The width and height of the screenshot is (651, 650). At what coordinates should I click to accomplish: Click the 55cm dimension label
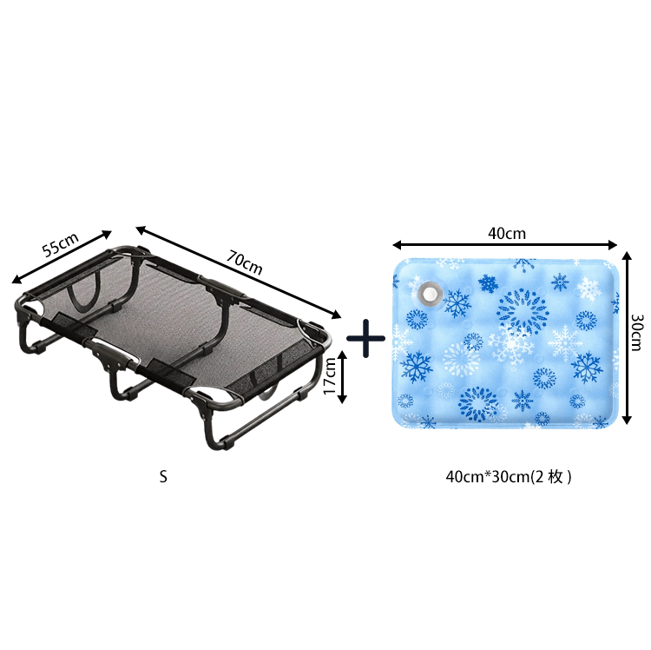click(x=60, y=245)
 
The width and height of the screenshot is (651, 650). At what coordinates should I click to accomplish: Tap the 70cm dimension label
click(x=245, y=262)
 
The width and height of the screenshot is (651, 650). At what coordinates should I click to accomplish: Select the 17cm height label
click(x=330, y=376)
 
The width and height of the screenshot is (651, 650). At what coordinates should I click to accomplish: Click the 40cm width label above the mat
click(x=507, y=234)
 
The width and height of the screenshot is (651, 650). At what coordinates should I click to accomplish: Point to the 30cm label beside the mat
click(x=636, y=333)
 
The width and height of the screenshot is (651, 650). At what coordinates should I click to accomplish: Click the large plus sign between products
click(x=365, y=338)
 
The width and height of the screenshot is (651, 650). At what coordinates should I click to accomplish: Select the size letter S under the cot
click(x=163, y=477)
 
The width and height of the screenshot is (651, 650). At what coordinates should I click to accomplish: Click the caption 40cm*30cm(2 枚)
click(x=509, y=477)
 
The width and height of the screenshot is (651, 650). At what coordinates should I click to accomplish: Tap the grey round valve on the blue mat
click(x=430, y=295)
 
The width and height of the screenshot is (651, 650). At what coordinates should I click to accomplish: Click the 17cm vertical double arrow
click(x=342, y=376)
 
